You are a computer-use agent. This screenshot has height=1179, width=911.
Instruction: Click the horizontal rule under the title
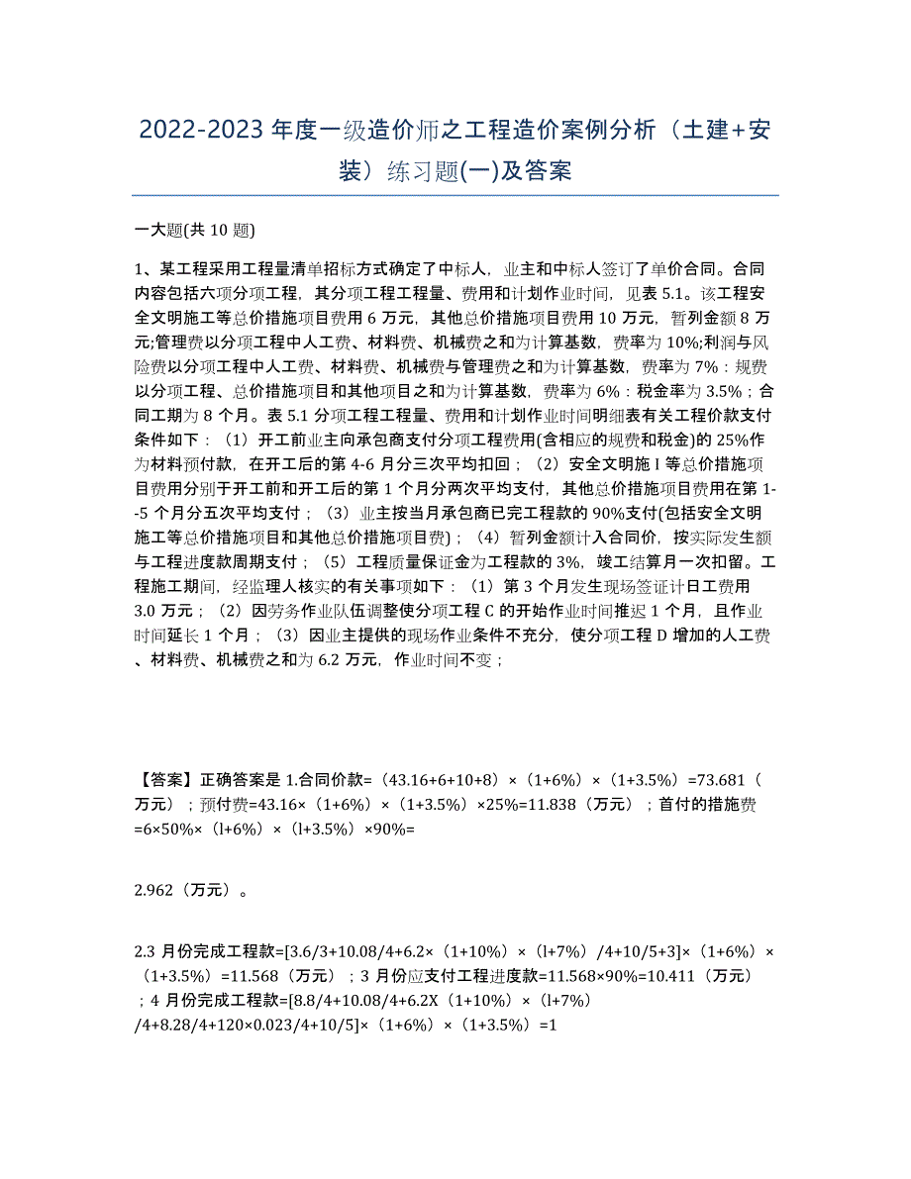click(455, 195)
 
